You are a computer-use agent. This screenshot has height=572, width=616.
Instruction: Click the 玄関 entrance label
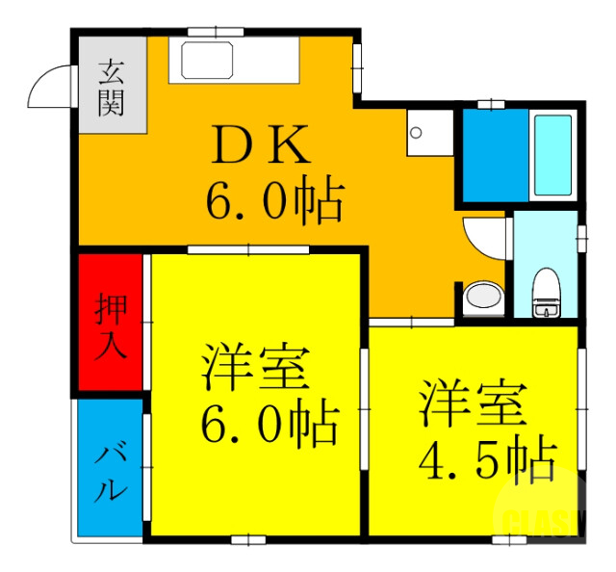[x=111, y=87]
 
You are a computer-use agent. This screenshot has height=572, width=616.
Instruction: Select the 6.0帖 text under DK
[x=273, y=199]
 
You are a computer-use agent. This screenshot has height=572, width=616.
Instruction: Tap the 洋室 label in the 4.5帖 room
[x=473, y=403]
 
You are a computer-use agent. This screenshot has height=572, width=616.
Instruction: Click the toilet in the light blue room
[x=547, y=292]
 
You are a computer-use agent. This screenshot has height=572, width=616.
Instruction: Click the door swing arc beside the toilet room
[x=484, y=237]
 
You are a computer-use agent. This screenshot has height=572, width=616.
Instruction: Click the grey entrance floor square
[x=111, y=87]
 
